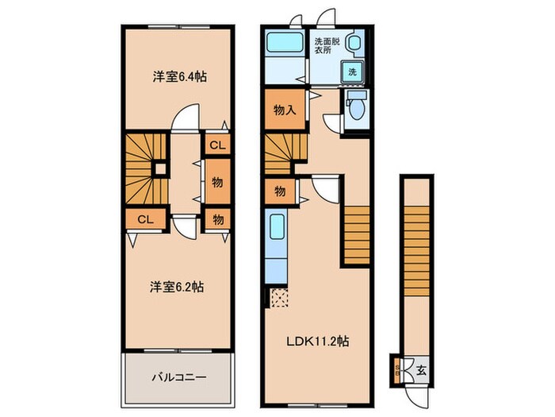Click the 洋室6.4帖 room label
(x=180, y=77)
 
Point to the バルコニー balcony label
(x=180, y=376)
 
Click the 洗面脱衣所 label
(x=325, y=45)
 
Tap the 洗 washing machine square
(x=351, y=72)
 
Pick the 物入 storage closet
(x=284, y=110)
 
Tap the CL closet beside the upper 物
(x=216, y=145)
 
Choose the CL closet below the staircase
(x=144, y=218)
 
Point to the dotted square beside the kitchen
(x=279, y=299)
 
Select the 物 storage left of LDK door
(x=280, y=191)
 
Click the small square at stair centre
(x=159, y=168)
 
